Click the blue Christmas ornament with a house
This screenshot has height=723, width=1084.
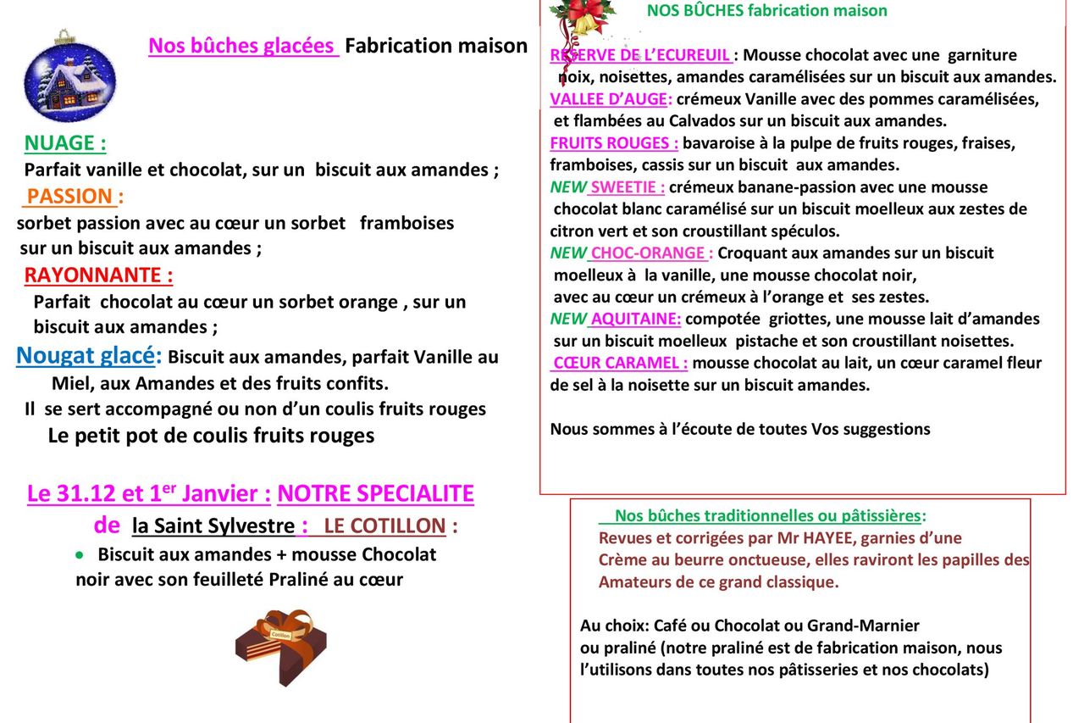(x=69, y=77)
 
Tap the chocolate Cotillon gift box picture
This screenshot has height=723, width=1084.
(x=280, y=645)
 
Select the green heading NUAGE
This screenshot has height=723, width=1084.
(x=65, y=142)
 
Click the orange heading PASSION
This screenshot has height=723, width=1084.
(x=70, y=197)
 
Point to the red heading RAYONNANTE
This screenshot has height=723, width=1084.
(x=98, y=275)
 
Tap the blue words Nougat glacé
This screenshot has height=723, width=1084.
(x=88, y=356)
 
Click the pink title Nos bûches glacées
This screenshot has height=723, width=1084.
(x=242, y=46)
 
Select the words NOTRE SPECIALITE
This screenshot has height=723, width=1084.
(x=375, y=493)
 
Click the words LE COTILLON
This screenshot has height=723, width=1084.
(x=384, y=526)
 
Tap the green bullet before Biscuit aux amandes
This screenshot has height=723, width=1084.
(x=80, y=554)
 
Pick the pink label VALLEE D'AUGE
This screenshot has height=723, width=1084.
(x=611, y=99)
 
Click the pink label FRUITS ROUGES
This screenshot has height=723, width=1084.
(x=614, y=142)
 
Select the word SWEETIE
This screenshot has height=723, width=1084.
(x=627, y=186)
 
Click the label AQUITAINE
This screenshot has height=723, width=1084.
(x=635, y=319)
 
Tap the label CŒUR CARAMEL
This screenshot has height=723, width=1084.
(x=620, y=363)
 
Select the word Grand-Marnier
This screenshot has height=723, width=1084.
(x=863, y=626)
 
